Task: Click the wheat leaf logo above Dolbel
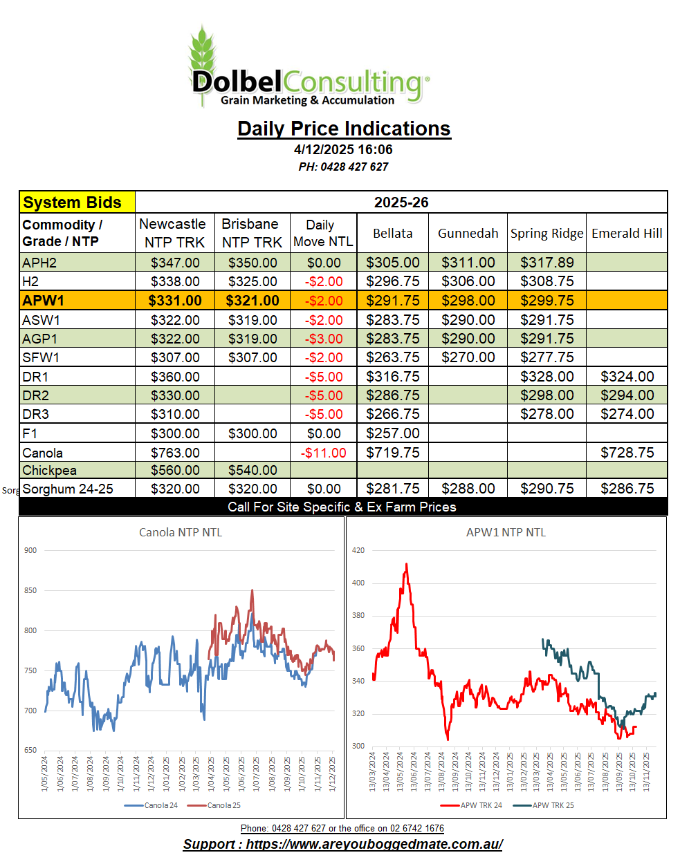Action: pyautogui.click(x=203, y=52)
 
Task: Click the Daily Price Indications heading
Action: pyautogui.click(x=344, y=129)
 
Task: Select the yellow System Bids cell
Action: pyautogui.click(x=77, y=203)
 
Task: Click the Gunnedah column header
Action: pyautogui.click(x=468, y=233)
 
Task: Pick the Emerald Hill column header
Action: pyautogui.click(x=627, y=233)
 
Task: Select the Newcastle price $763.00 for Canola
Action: pyautogui.click(x=175, y=453)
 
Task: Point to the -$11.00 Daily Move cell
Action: pyautogui.click(x=324, y=453)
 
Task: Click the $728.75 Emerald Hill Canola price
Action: pyautogui.click(x=627, y=453)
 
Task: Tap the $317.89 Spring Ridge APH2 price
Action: pyautogui.click(x=546, y=263)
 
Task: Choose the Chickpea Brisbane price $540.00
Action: pyautogui.click(x=252, y=470)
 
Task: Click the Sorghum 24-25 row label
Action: pyautogui.click(x=68, y=489)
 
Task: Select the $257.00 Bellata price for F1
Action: pyautogui.click(x=392, y=433)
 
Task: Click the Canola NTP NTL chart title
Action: pyautogui.click(x=181, y=532)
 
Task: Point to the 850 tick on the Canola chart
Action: pyautogui.click(x=30, y=590)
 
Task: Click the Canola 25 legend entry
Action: pyautogui.click(x=223, y=805)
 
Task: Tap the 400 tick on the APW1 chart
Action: pyautogui.click(x=358, y=583)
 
